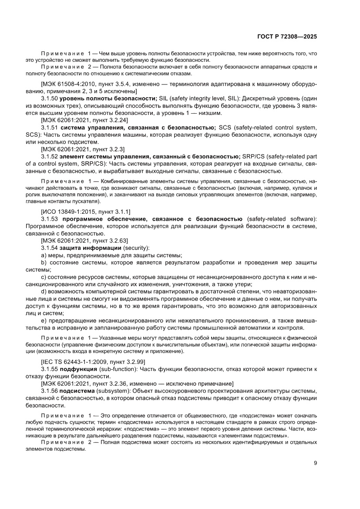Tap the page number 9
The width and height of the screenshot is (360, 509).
click(x=315, y=463)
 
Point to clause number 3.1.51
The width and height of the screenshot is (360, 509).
click(x=49, y=128)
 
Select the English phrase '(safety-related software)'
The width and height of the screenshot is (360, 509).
click(x=282, y=218)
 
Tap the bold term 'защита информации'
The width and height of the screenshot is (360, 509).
click(x=87, y=247)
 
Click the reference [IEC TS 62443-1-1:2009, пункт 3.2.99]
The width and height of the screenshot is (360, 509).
click(x=93, y=361)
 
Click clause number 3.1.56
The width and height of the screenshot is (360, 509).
click(x=49, y=391)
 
